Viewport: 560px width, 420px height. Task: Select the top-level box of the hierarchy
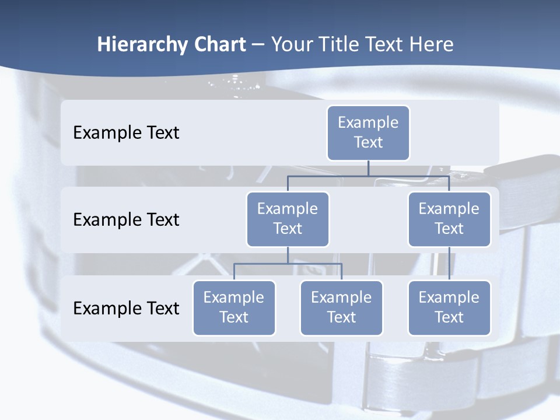[x=368, y=133]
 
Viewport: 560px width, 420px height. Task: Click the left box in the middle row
[x=288, y=219]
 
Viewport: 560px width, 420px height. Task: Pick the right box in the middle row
[x=449, y=219]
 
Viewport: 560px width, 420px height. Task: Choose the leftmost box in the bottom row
[x=234, y=308]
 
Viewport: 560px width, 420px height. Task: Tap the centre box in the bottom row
[x=341, y=308]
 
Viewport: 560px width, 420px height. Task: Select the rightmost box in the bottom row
[x=449, y=308]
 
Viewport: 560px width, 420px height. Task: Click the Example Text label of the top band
[x=126, y=133]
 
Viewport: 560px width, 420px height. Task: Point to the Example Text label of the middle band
[x=126, y=220]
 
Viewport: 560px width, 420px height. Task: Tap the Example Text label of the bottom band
[x=126, y=309]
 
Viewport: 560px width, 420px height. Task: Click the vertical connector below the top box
[x=368, y=168]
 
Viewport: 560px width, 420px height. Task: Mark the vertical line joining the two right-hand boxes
[x=449, y=264]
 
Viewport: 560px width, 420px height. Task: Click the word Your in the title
[x=291, y=45]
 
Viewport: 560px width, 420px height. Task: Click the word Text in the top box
[x=368, y=143]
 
